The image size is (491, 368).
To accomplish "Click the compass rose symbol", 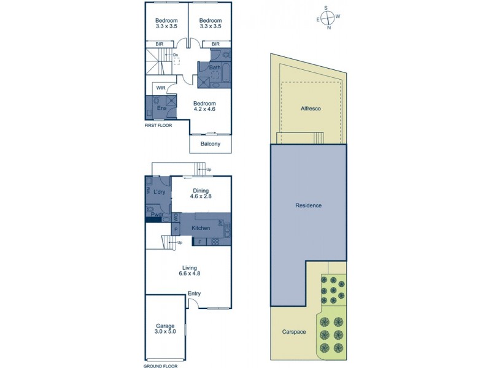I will tap(329, 17).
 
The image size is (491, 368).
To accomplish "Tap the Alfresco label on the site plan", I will tap(311, 108).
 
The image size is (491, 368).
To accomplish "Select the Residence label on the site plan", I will tap(309, 205).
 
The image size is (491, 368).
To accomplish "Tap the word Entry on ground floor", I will tap(194, 293).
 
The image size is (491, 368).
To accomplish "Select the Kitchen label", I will tap(201, 228).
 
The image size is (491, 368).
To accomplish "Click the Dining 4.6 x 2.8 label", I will tap(201, 194).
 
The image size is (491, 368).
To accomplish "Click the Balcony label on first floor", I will tap(211, 144).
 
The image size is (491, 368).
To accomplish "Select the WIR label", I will tap(161, 88).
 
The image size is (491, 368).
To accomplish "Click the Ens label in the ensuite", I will tap(161, 109).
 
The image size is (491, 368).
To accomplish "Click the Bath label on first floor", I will tap(215, 67).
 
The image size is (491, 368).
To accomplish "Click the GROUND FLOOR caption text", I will tap(161, 366).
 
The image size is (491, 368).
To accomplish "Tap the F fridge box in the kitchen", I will tap(199, 241).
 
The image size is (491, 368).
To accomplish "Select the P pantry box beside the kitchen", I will tap(176, 229).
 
